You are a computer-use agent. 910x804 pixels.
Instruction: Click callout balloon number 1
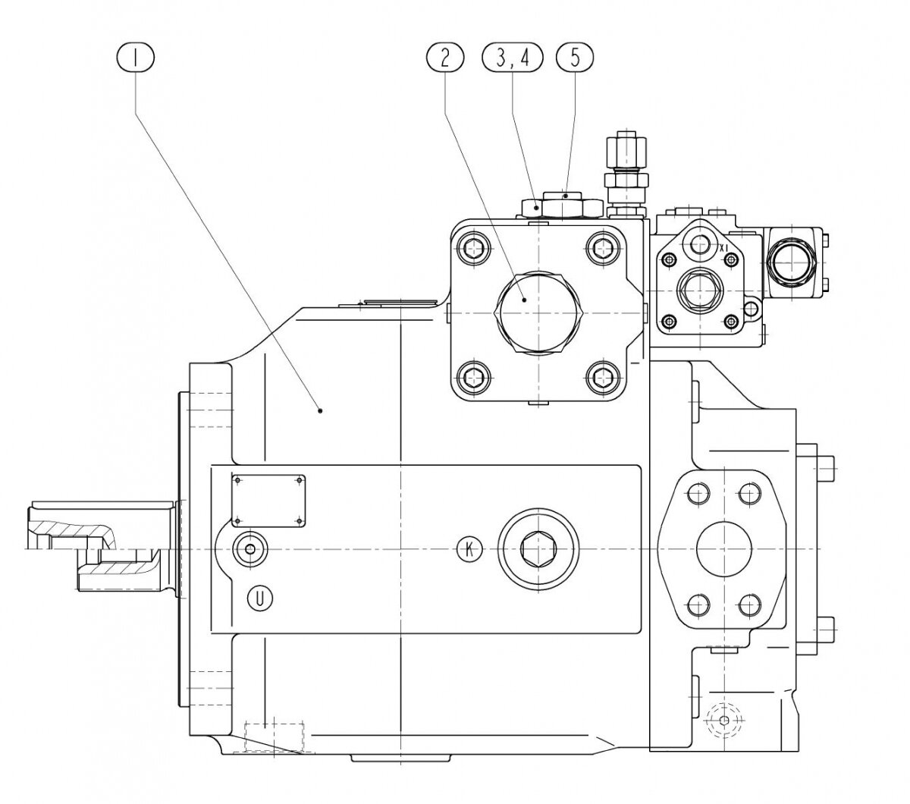[136, 57]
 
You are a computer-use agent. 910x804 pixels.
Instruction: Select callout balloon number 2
[444, 57]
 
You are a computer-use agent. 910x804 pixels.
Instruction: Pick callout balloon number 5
[574, 57]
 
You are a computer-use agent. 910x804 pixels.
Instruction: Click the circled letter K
[470, 548]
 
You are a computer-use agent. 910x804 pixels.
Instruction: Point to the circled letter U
[261, 598]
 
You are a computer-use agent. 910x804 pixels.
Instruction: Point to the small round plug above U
[247, 548]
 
